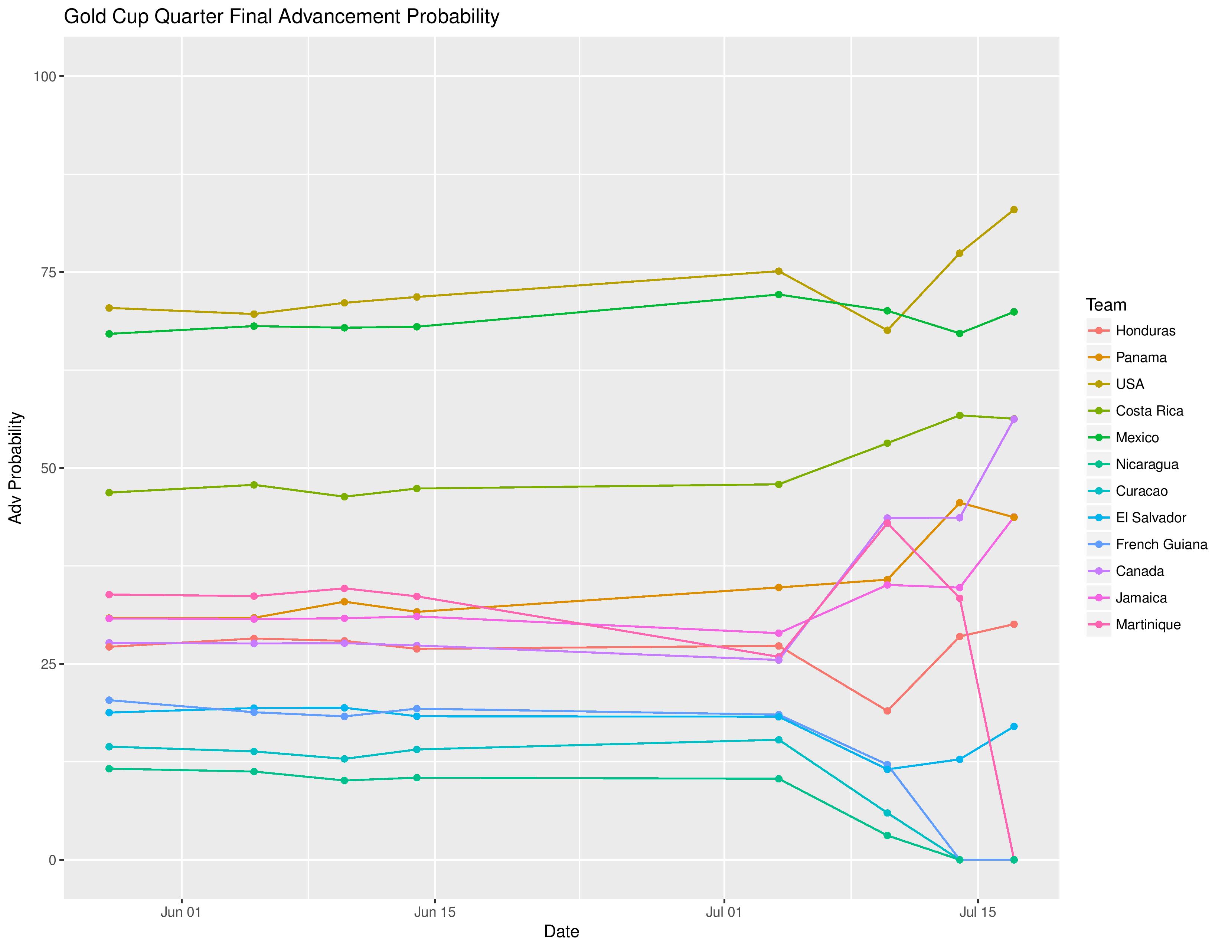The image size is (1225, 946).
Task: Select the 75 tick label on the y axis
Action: coord(47,272)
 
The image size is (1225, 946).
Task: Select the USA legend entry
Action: coord(1130,384)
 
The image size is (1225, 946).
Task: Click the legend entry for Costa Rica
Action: coord(1149,411)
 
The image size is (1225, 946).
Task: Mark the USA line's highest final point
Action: coord(1013,210)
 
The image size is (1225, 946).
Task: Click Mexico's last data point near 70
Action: coord(1013,312)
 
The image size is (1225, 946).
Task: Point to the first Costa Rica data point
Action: coord(110,493)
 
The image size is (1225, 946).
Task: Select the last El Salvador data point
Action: coord(1013,726)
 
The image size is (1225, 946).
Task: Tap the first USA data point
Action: coord(110,308)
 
